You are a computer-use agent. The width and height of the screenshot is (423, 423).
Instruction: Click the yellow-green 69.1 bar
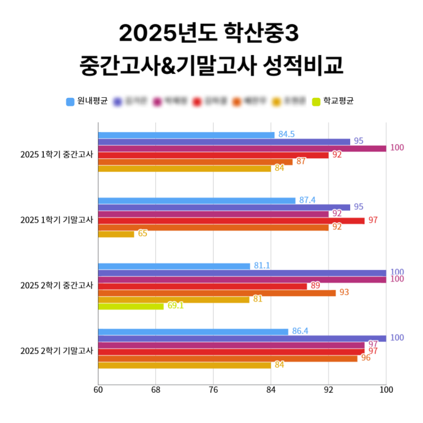(131, 306)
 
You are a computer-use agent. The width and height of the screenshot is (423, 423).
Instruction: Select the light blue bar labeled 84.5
(186, 135)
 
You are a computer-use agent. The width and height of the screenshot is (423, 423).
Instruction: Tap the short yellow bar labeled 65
(116, 234)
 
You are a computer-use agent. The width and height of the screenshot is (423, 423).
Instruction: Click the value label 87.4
(307, 200)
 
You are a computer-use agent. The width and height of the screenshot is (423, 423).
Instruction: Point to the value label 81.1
(262, 265)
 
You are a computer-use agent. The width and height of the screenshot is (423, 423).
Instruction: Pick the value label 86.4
(300, 331)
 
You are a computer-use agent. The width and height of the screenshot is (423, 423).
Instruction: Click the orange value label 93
(344, 292)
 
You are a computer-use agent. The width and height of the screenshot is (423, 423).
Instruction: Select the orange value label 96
(365, 358)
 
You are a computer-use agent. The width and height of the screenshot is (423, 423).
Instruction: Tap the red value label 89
(315, 285)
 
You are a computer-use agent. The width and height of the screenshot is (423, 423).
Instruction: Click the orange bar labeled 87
(195, 162)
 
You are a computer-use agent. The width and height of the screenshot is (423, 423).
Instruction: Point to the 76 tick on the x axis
(213, 390)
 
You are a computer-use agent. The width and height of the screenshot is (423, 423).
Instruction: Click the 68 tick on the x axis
(155, 390)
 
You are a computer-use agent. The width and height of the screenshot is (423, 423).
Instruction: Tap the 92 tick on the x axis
(328, 390)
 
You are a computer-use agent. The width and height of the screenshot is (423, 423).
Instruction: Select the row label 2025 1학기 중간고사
(56, 154)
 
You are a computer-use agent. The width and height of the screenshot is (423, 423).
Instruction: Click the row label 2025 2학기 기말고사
(56, 351)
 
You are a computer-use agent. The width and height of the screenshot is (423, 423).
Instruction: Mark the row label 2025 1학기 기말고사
(56, 220)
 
